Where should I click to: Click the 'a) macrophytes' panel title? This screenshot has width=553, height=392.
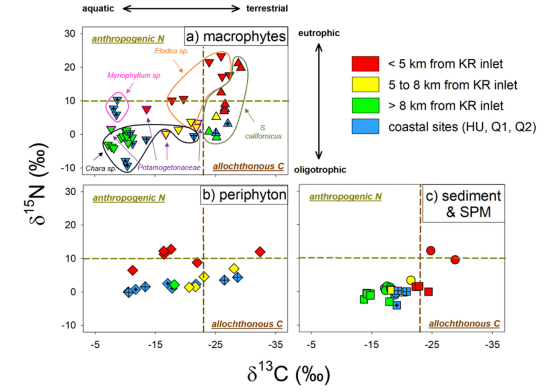[x=236, y=38]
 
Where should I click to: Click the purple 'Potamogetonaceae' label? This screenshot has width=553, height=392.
[x=168, y=168]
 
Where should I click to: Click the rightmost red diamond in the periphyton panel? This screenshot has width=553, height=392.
[x=260, y=252]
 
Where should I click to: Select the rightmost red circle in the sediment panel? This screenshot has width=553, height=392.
[x=455, y=259]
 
